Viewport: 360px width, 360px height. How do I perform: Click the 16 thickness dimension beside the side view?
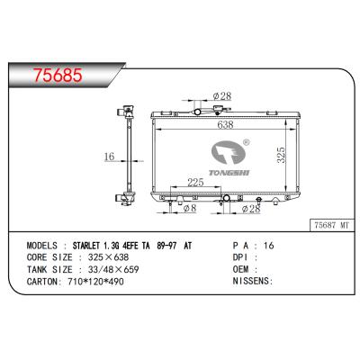[x=109, y=157]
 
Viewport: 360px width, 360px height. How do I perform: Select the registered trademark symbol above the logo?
[x=247, y=141]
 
